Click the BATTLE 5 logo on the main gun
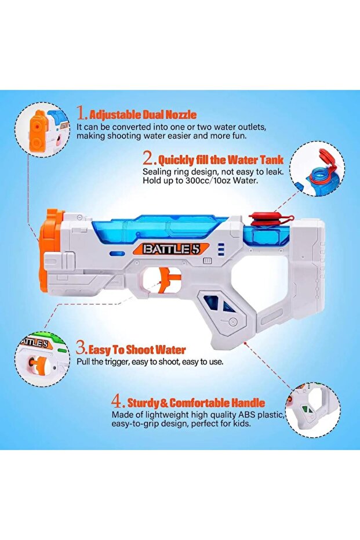pyautogui.click(x=166, y=249)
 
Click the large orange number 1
pyautogui.click(x=82, y=113)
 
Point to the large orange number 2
pyautogui.click(x=150, y=158)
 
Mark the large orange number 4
pyautogui.click(x=118, y=401)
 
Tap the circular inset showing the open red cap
pyautogui.click(x=317, y=168)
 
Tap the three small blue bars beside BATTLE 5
pyautogui.click(x=221, y=249)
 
